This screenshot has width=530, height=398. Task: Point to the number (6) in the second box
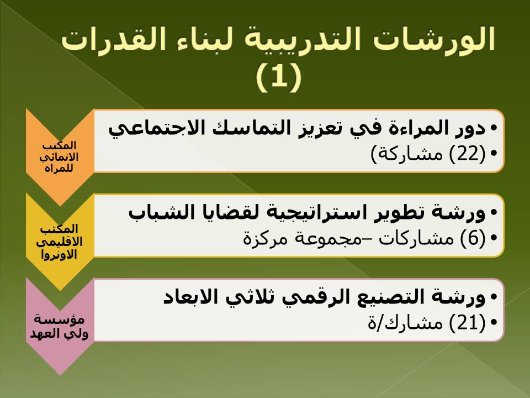tap(473, 238)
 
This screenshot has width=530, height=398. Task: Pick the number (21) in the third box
tap(467, 322)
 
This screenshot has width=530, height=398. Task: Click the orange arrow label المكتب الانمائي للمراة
tap(59, 156)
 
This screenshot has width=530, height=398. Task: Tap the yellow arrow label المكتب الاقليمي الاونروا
tap(59, 242)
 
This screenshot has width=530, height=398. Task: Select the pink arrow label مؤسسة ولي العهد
tap(59, 326)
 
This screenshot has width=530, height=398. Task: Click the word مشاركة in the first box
tap(407, 154)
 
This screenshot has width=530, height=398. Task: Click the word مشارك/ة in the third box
tap(405, 322)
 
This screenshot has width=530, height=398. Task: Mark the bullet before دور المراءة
tap(494, 128)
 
